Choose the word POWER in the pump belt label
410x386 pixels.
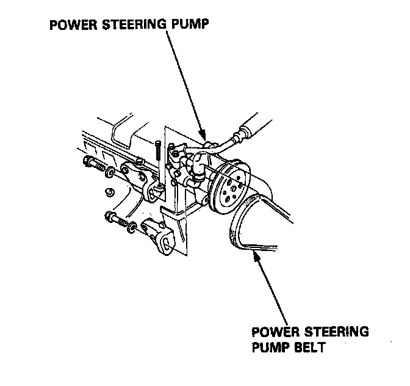272,332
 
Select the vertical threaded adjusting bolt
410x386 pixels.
158,150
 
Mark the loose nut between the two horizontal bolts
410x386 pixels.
109,193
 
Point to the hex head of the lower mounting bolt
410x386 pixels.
110,216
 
